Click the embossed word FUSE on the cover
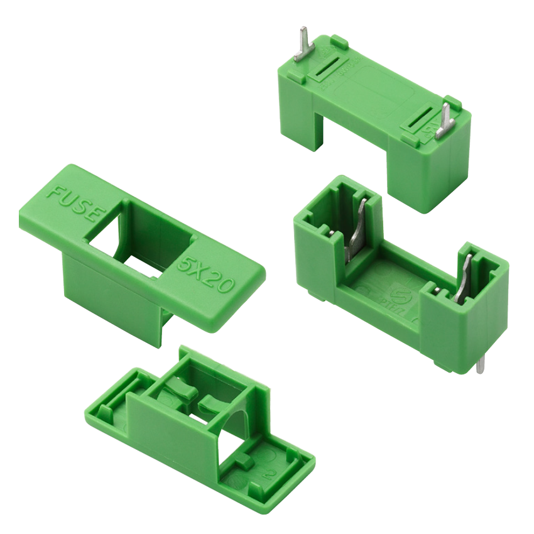tap(74, 202)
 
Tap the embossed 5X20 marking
tap(205, 275)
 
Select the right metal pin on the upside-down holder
tap(445, 119)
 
